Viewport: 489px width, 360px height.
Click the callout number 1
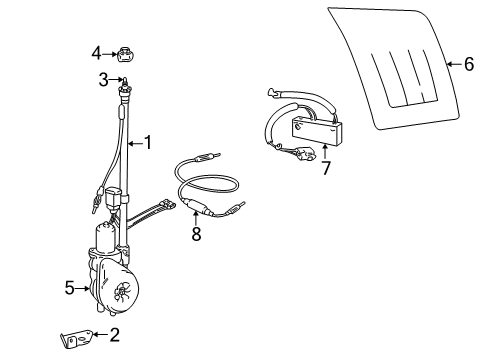click(x=147, y=142)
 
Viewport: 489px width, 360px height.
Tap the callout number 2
click(x=114, y=335)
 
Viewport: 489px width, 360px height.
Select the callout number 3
click(x=102, y=78)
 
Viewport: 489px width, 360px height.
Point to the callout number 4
click(x=97, y=52)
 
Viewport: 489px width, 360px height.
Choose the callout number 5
click(x=69, y=288)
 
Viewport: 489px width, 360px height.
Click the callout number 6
click(x=468, y=64)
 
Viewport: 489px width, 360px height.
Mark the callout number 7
click(x=326, y=167)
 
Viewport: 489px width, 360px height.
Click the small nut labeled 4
click(x=125, y=53)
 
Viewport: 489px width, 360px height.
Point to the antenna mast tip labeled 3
click(x=123, y=81)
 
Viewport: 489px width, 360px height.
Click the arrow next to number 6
click(x=450, y=64)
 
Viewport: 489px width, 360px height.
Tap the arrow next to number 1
click(x=133, y=142)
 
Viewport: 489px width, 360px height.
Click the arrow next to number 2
click(x=101, y=335)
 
